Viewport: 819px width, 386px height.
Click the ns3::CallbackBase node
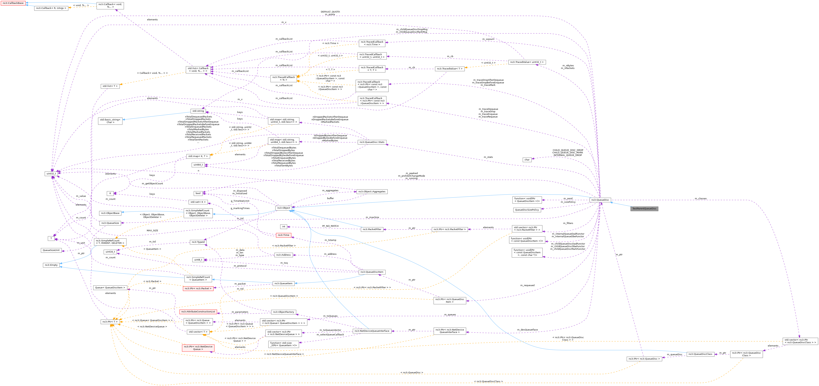coord(13,3)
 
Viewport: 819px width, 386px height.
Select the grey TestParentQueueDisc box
coord(644,209)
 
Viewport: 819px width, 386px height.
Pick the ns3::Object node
coord(284,208)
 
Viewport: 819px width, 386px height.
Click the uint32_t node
coord(51,174)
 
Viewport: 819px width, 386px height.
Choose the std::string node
coord(198,111)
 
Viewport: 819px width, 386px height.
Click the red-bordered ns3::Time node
coord(284,235)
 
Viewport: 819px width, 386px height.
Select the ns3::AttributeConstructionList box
coord(198,312)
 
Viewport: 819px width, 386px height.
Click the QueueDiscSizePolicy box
coord(527,210)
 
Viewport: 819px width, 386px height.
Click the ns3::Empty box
coord(51,265)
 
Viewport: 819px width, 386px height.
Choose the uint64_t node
coord(198,165)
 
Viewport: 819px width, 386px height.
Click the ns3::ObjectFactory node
coord(284,312)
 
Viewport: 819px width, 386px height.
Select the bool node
coord(198,193)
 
